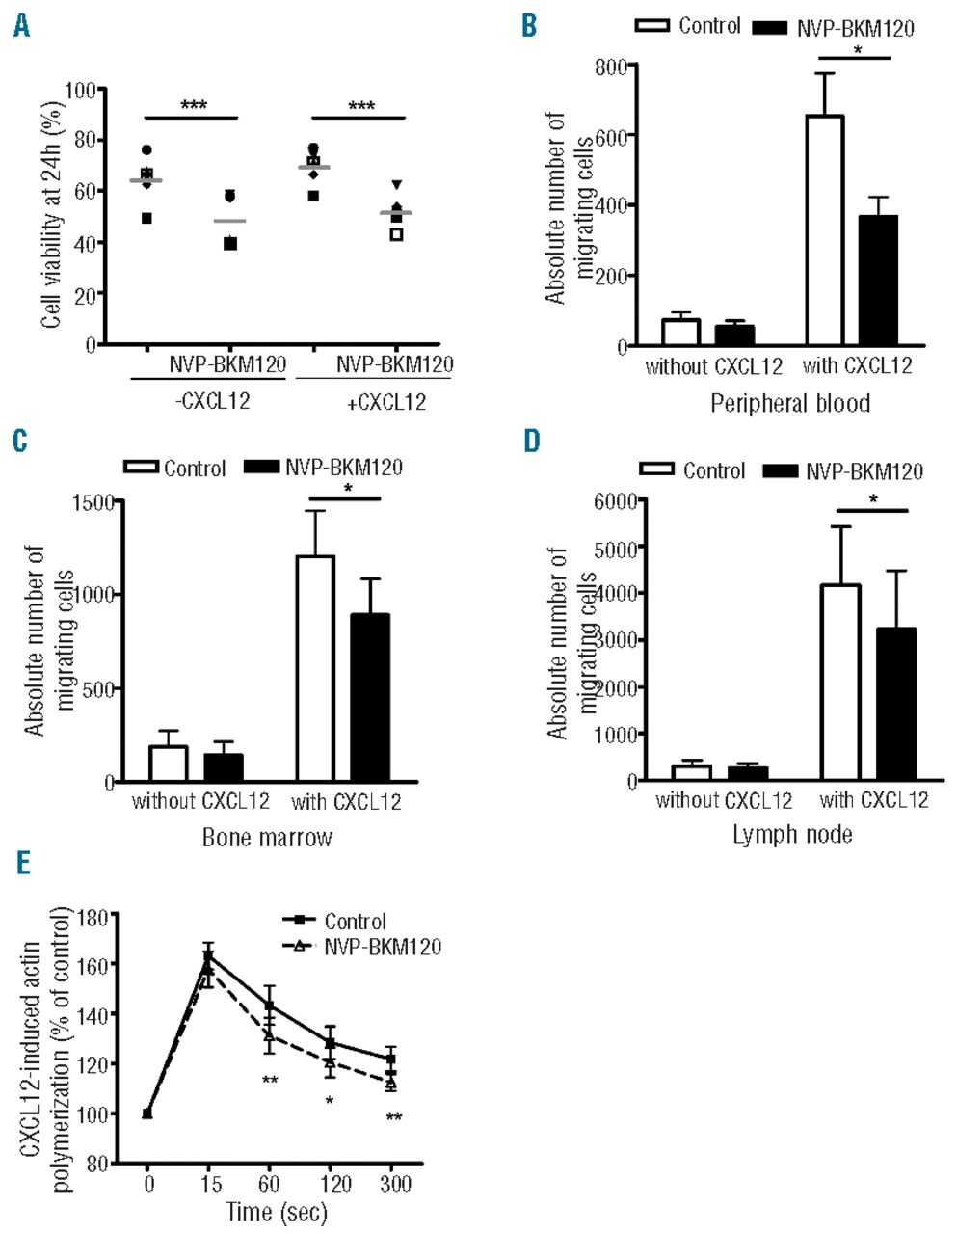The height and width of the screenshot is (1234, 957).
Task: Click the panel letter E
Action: pos(21,861)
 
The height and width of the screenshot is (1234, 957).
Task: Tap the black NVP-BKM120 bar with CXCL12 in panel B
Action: pos(877,280)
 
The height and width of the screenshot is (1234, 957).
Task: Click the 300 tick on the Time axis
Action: pos(391,1183)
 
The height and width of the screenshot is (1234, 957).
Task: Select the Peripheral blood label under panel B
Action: pos(789,403)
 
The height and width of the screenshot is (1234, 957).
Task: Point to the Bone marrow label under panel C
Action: pos(267,837)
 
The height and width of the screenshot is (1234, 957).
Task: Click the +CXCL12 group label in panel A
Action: pos(385,402)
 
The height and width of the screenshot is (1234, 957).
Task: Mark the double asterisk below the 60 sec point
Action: pos(270,1080)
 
